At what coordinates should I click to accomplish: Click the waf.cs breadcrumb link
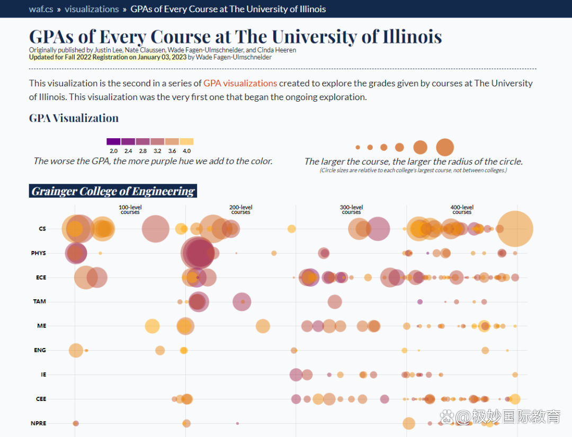[x=41, y=9]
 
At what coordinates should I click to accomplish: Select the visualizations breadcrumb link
[x=92, y=9]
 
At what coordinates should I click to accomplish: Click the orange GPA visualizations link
[x=240, y=83]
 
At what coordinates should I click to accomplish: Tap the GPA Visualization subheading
[x=74, y=118]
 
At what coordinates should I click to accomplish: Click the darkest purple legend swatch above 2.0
[x=113, y=141]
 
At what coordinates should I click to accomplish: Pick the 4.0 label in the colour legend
[x=186, y=151]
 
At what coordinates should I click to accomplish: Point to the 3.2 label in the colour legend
[x=157, y=151]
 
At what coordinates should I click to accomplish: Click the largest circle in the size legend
[x=445, y=147]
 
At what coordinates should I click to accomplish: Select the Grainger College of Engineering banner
[x=113, y=191]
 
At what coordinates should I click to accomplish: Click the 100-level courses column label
[x=130, y=210]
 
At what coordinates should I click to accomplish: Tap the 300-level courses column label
[x=351, y=210]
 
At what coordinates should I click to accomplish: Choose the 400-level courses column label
[x=462, y=210]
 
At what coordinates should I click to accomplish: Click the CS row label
[x=42, y=229]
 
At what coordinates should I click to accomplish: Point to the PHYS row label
[x=39, y=253]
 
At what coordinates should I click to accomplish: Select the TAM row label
[x=40, y=301]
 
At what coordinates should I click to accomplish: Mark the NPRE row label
[x=39, y=423]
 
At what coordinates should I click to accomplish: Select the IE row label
[x=43, y=374]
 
